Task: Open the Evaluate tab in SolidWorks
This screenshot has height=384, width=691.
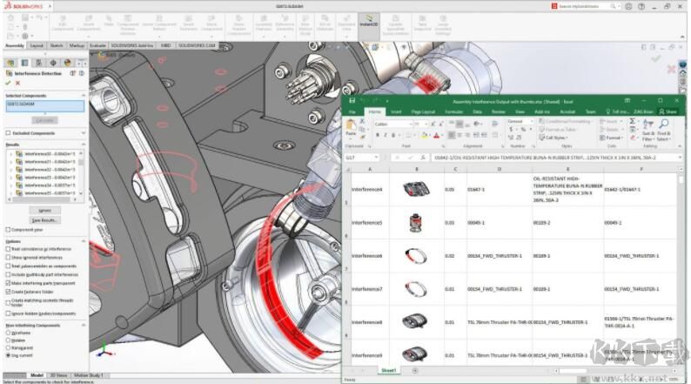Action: point(98,45)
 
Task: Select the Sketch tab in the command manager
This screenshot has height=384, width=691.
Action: point(57,45)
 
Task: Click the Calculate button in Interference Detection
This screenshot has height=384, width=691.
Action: point(45,119)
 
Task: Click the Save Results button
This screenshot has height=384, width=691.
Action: point(44,219)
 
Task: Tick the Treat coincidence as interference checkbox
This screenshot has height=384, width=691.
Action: point(8,249)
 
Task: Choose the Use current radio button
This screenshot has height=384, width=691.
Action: point(8,355)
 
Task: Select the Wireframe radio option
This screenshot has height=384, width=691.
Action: point(8,332)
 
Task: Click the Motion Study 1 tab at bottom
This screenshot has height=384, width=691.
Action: point(88,374)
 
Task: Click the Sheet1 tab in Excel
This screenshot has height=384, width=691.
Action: point(388,370)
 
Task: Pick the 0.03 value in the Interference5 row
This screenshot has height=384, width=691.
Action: point(449,223)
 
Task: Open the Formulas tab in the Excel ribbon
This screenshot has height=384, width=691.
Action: point(453,111)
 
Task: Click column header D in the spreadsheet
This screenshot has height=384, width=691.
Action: point(499,169)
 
